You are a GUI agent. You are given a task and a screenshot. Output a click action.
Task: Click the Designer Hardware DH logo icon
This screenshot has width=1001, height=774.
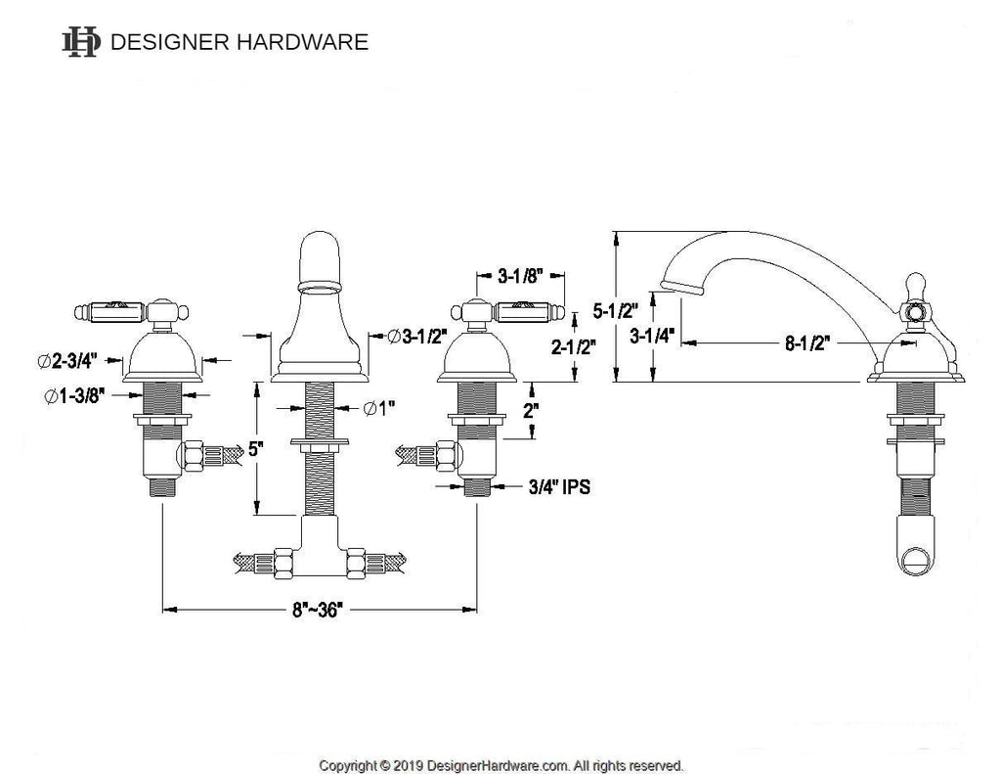tap(80, 41)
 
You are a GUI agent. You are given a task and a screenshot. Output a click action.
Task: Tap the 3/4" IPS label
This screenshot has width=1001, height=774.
tap(559, 485)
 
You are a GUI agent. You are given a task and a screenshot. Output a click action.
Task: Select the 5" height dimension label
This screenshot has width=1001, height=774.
tap(256, 450)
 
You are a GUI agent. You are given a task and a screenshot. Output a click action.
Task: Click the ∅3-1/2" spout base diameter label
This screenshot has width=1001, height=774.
tap(416, 336)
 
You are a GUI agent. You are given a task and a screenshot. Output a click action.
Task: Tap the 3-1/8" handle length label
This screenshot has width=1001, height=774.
tap(521, 276)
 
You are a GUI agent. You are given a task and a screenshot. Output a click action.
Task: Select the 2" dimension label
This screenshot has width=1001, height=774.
tap(529, 411)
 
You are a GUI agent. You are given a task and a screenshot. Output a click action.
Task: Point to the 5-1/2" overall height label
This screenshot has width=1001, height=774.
tap(615, 311)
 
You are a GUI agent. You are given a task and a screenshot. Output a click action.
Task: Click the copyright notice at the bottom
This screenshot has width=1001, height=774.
tap(501, 764)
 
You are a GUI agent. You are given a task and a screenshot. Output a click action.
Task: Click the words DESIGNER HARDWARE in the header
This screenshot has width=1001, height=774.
tap(239, 42)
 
